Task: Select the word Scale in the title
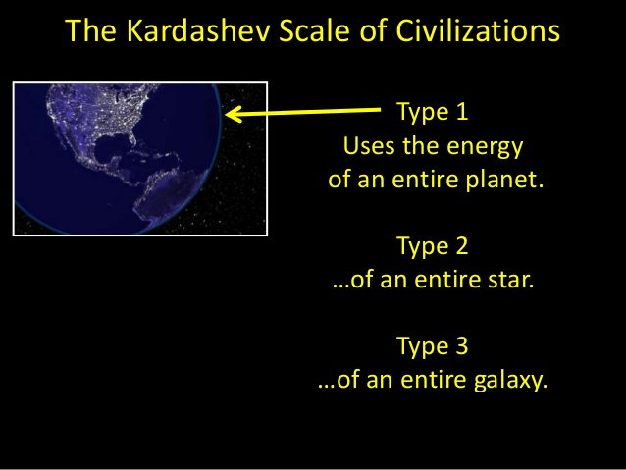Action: [x=314, y=30]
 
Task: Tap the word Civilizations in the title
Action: [x=478, y=30]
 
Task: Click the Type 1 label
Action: [x=433, y=112]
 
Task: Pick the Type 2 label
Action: [x=433, y=246]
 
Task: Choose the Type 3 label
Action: [x=433, y=345]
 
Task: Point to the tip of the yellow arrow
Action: [x=226, y=115]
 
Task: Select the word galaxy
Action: [x=510, y=380]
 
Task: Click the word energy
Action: [x=485, y=147]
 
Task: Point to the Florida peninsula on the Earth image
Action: [x=132, y=137]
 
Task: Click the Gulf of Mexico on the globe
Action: [x=111, y=146]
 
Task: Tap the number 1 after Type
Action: [x=461, y=111]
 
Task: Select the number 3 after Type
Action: [x=461, y=345]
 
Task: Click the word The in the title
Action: [x=90, y=30]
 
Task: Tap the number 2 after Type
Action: [x=461, y=245]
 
